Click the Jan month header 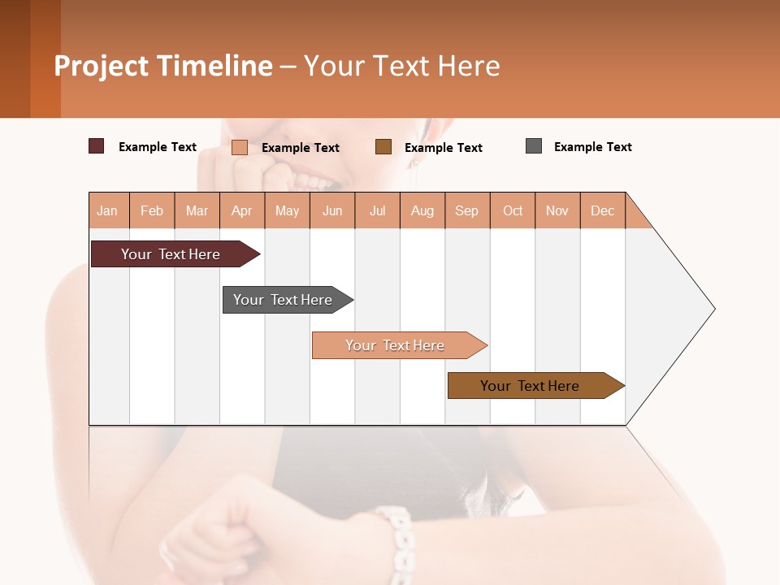tap(108, 210)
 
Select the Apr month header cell tap(242, 210)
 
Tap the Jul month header tap(378, 210)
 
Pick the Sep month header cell tap(467, 210)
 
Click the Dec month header tap(603, 210)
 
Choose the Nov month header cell tap(557, 210)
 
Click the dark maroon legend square tap(96, 146)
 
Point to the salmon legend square tap(240, 147)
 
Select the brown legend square tap(383, 146)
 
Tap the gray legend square tap(534, 146)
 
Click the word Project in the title tap(101, 66)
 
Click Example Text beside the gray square tap(592, 147)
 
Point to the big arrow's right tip tap(713, 309)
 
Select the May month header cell tap(287, 210)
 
